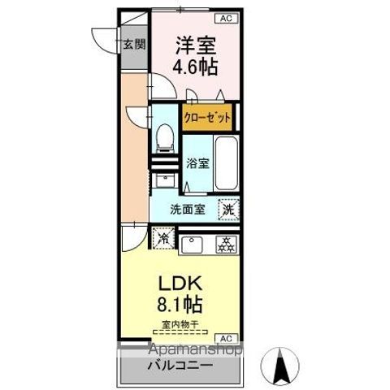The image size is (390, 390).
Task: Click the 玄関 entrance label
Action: (x=135, y=45)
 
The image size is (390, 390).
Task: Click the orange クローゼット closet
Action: (x=206, y=118)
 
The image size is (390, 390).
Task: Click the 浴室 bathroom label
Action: (x=197, y=162)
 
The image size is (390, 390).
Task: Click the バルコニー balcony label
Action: (x=180, y=366)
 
